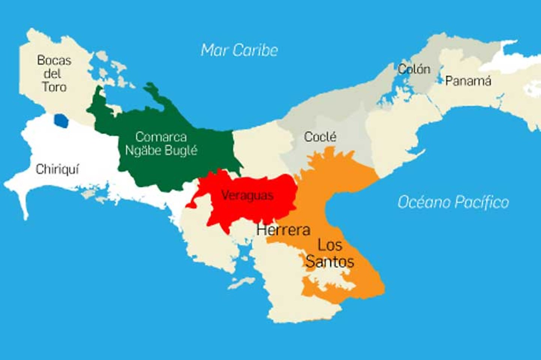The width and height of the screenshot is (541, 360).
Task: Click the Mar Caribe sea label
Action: (239, 50)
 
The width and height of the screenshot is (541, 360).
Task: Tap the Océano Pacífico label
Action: (453, 202)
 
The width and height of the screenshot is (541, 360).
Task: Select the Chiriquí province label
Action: (57, 169)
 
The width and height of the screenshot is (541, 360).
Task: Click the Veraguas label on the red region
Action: (247, 195)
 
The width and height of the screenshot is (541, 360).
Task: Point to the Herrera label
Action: (283, 230)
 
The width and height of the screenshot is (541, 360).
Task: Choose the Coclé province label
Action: (320, 137)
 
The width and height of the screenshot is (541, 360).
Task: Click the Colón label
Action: (414, 69)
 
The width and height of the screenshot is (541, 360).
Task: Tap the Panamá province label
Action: (468, 81)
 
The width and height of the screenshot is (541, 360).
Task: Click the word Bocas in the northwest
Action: (54, 60)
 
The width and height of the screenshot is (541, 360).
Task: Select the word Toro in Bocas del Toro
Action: (54, 87)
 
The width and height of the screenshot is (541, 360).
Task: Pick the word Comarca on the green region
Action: (161, 137)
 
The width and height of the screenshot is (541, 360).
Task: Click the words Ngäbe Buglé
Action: (161, 151)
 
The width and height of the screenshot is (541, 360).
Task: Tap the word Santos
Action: (329, 261)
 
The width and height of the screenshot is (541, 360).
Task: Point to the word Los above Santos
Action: (330, 245)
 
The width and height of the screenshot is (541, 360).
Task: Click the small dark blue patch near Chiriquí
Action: (61, 121)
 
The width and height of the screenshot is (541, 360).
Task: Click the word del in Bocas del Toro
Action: (52, 73)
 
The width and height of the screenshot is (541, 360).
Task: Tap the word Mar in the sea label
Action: (212, 50)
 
